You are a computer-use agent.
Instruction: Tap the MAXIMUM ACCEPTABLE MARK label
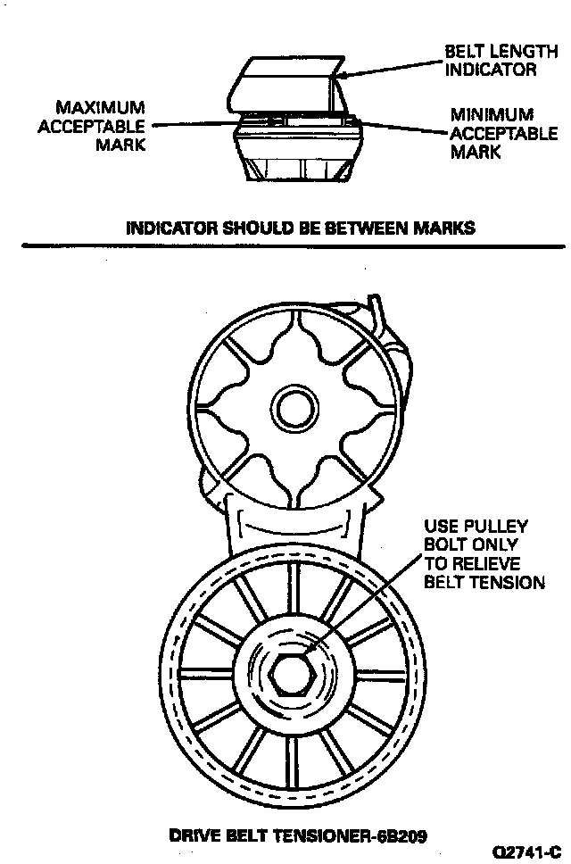pos(91,126)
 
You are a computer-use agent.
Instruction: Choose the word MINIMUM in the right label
pos(492,114)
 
